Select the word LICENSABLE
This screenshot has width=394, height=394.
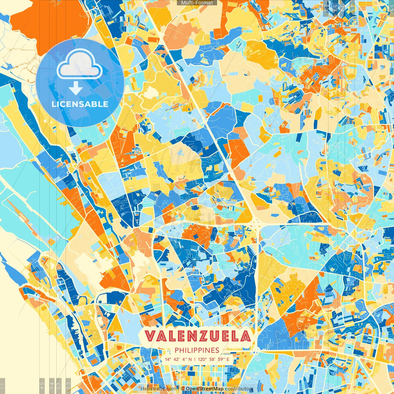80,104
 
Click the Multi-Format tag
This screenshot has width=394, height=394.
197,3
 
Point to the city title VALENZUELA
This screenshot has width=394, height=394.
197,336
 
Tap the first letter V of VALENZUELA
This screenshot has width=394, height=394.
151,336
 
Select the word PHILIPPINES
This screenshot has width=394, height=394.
197,350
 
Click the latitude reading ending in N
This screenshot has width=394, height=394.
178,359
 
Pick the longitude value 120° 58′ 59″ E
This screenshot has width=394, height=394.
214,359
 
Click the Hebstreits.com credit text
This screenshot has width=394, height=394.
158,389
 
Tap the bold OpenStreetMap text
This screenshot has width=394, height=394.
205,389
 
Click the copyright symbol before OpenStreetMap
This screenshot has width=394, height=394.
183,389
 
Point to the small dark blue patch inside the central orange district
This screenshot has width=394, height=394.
195,236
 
